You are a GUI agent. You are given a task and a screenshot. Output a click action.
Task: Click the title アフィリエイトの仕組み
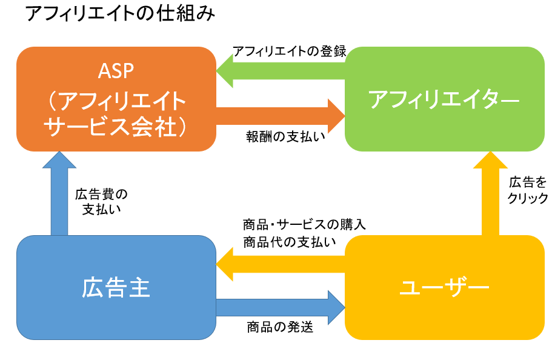click(120, 14)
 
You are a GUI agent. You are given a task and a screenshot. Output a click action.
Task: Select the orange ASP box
click(116, 99)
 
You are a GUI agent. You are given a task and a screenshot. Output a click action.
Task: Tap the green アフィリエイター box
click(445, 99)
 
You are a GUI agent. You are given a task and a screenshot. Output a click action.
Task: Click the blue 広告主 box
click(116, 287)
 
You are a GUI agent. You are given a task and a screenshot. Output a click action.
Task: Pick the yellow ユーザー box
click(445, 287)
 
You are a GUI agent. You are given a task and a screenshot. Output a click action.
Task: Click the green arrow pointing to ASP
click(281, 71)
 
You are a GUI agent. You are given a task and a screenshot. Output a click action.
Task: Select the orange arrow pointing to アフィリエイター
click(281, 116)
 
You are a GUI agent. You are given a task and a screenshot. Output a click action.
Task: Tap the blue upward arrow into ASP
click(59, 193)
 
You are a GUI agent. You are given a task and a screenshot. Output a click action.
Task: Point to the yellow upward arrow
click(490, 193)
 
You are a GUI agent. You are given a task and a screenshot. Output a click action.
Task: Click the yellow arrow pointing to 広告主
click(281, 264)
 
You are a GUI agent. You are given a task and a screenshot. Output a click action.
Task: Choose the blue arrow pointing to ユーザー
click(281, 307)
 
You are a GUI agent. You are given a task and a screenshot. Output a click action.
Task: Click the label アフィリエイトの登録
click(290, 52)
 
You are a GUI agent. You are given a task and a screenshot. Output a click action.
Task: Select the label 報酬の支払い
click(285, 137)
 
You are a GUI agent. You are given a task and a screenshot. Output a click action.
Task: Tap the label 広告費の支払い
click(101, 202)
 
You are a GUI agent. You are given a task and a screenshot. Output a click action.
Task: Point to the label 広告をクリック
click(527, 190)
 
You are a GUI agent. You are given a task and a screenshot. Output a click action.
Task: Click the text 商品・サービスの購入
click(305, 225)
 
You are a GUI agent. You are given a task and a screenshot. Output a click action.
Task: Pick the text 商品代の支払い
click(290, 242)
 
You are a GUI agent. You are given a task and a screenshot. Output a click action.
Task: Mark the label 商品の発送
click(280, 327)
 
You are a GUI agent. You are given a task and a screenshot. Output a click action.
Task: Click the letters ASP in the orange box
click(116, 71)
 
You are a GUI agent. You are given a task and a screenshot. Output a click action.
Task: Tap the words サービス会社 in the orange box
click(110, 127)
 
